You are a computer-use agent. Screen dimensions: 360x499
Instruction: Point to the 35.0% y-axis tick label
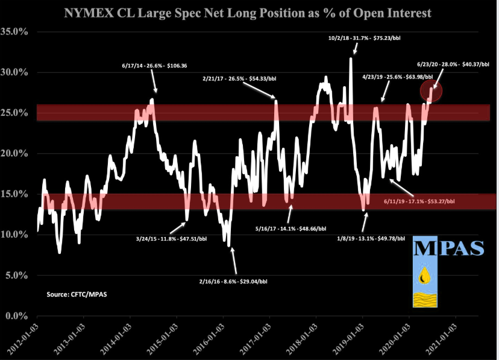[17, 31]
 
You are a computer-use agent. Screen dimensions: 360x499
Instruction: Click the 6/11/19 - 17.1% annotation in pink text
[419, 201]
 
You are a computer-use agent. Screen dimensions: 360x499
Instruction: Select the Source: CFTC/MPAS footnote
[75, 294]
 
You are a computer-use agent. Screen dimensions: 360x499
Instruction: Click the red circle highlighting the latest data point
[432, 90]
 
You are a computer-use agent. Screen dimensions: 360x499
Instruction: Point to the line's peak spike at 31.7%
[351, 58]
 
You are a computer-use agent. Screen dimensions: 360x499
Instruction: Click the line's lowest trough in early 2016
[229, 245]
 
